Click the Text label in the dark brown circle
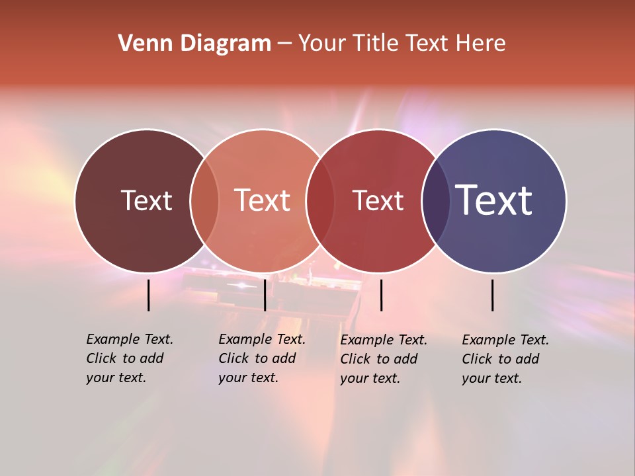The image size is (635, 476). (x=146, y=200)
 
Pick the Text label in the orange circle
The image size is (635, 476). (x=262, y=200)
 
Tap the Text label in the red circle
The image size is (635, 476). (x=378, y=200)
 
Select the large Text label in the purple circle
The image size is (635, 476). (x=494, y=200)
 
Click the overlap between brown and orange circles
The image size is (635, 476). (x=204, y=200)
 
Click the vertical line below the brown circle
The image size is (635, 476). (x=148, y=295)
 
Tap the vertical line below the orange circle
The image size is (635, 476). (x=265, y=295)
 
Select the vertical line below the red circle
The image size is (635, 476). (x=381, y=295)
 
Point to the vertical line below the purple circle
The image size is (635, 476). (x=492, y=295)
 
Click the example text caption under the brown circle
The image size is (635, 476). (x=130, y=358)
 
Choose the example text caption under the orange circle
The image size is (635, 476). (x=262, y=358)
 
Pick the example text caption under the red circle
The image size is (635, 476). (x=384, y=359)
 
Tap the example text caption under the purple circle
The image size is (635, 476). (x=505, y=359)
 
